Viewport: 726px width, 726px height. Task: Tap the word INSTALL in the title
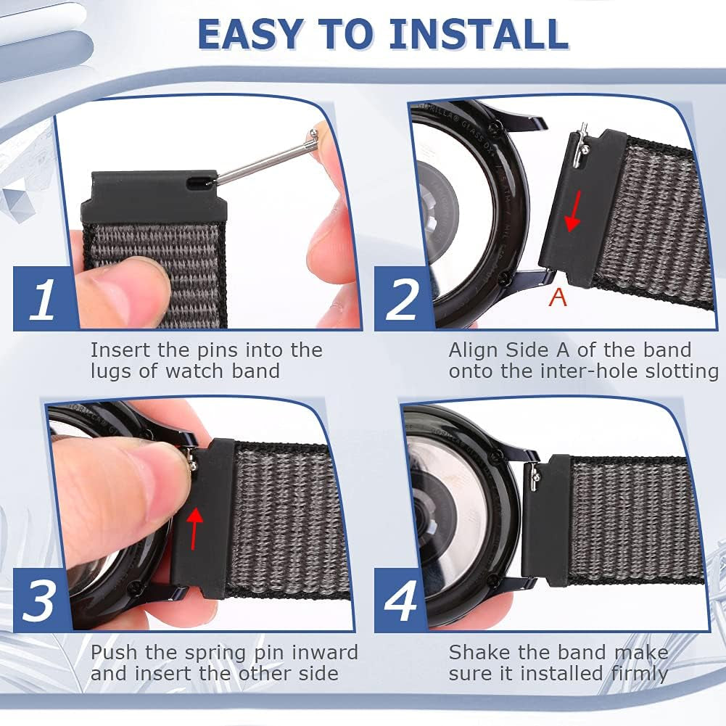tap(478, 34)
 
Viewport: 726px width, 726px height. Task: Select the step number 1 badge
tap(44, 298)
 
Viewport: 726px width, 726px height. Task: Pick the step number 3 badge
tap(41, 600)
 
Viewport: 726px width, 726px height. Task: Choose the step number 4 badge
tap(401, 600)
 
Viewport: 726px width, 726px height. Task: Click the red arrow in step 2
tap(575, 210)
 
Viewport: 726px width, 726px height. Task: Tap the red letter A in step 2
tap(558, 297)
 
